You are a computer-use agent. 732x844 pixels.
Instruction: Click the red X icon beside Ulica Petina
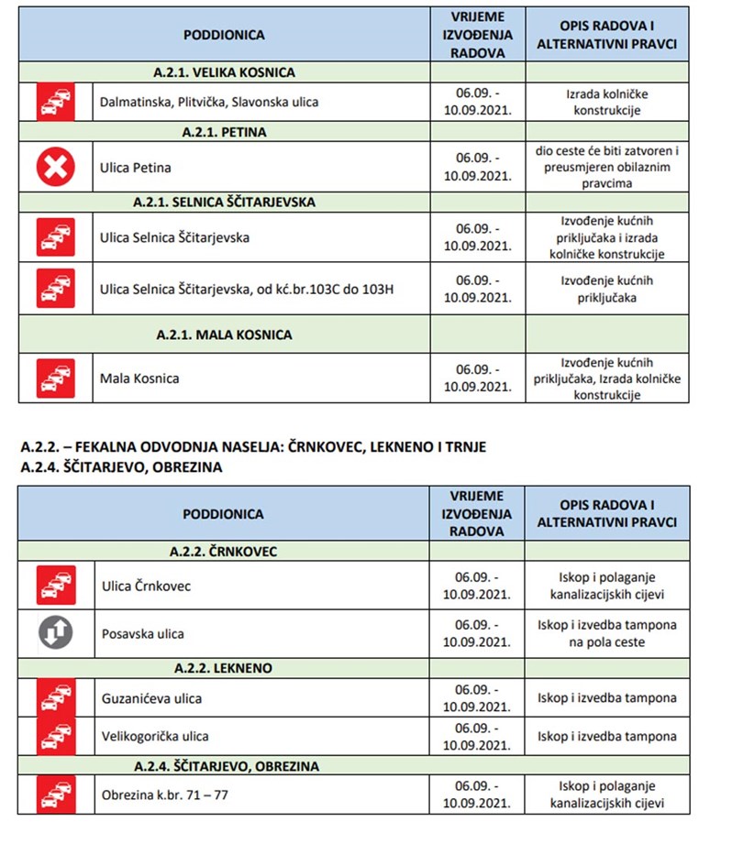tap(55, 168)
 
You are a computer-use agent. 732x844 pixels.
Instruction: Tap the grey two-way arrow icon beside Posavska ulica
tap(55, 633)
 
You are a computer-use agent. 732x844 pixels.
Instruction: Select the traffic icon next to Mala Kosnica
tap(55, 378)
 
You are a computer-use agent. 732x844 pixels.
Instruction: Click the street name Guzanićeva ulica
tap(151, 698)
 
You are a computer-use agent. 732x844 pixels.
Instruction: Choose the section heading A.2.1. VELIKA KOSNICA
tap(224, 72)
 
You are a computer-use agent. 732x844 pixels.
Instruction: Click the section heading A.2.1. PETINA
tap(224, 132)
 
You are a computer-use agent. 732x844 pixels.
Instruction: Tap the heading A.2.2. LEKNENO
tap(224, 668)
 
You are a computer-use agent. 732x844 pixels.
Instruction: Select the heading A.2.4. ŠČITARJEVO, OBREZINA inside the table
tap(226, 765)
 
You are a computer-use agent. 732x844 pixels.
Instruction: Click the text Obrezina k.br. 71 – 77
tap(164, 795)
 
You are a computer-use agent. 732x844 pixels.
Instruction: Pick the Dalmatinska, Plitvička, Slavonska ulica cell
tap(209, 102)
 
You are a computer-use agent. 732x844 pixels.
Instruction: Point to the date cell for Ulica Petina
tap(477, 168)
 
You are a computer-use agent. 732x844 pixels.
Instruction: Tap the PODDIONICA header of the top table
tap(224, 35)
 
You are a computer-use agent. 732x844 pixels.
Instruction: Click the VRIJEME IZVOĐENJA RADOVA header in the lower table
tap(477, 514)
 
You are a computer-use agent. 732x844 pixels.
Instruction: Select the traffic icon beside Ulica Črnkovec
tap(55, 586)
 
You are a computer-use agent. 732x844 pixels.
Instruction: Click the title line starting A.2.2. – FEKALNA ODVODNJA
tap(252, 446)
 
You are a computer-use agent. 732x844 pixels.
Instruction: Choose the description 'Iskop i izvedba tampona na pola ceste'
tap(606, 633)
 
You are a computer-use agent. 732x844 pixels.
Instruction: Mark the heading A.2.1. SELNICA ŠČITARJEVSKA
tap(224, 201)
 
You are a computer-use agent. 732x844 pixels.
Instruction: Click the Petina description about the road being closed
tap(606, 168)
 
